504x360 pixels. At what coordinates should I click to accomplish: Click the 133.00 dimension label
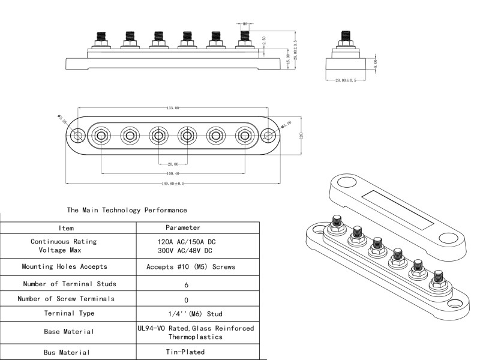point(172,108)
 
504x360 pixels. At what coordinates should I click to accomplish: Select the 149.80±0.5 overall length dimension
point(172,184)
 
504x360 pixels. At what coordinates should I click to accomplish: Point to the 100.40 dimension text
point(172,174)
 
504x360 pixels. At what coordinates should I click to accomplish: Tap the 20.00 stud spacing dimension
point(172,164)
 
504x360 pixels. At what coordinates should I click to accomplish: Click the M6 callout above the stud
point(245,24)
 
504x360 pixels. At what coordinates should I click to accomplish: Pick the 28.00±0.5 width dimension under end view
point(346,80)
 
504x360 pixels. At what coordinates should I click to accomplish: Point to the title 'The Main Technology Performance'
point(127,210)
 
